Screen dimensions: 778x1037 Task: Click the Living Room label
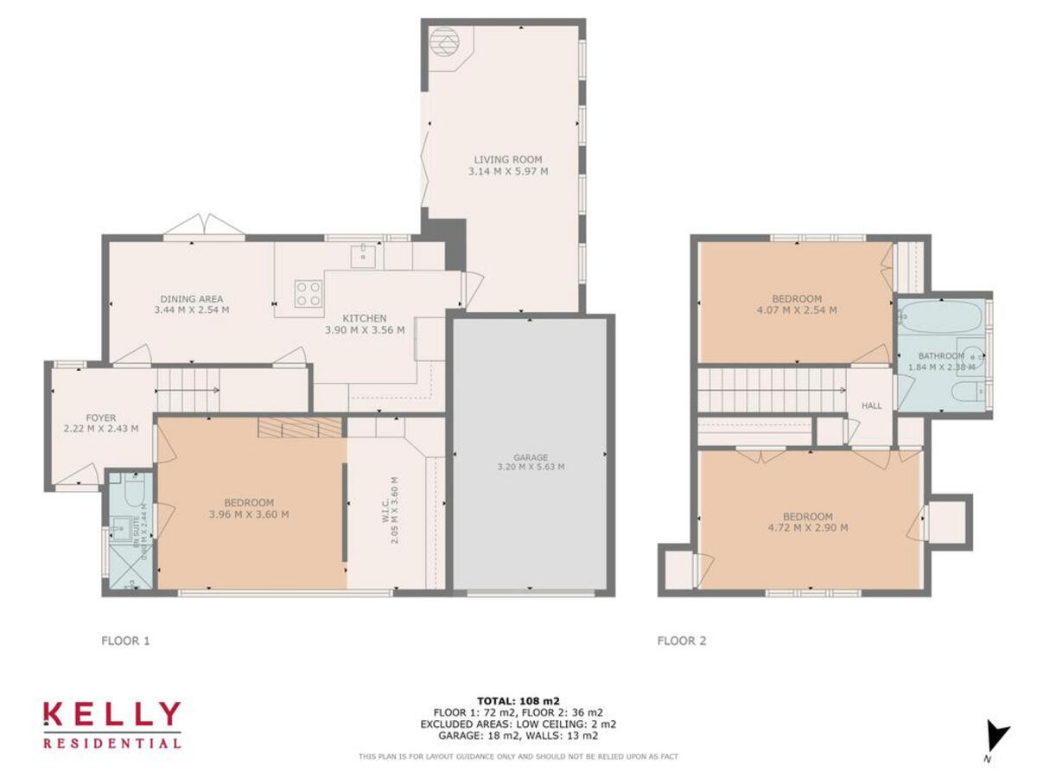pos(507,159)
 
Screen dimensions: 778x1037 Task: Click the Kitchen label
pos(364,317)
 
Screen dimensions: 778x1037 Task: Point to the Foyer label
pos(100,417)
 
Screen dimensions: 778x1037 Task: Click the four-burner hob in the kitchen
pos(309,293)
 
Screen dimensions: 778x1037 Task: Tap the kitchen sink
pos(364,253)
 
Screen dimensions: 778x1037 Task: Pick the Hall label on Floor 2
pos(872,405)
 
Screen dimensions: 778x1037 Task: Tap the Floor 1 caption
pos(126,641)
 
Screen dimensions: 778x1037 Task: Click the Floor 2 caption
pos(682,641)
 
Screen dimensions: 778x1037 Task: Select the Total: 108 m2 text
pos(518,700)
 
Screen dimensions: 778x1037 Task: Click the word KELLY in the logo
pos(112,714)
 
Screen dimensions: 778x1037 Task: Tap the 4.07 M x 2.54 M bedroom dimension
pos(797,309)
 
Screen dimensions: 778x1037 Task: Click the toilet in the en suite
pos(131,493)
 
